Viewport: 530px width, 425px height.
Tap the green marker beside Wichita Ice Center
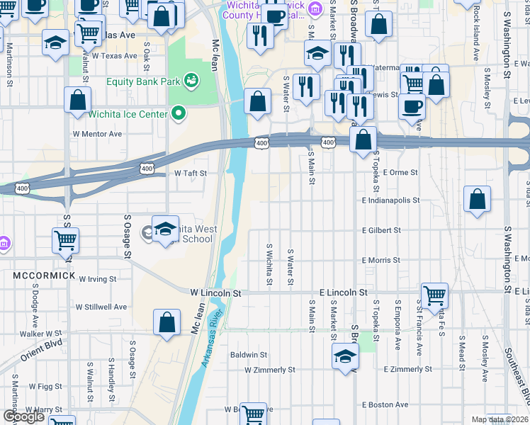pos(179,113)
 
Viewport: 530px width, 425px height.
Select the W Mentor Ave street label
pos(97,133)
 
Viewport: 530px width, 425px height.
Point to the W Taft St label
pos(190,173)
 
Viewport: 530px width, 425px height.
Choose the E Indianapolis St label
pos(390,201)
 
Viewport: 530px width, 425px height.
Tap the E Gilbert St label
pos(381,231)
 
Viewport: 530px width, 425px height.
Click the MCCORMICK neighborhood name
pos(43,274)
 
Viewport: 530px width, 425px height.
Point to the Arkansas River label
pos(214,339)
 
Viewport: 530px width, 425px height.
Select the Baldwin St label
pos(248,355)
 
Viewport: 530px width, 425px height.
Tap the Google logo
pos(23,416)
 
